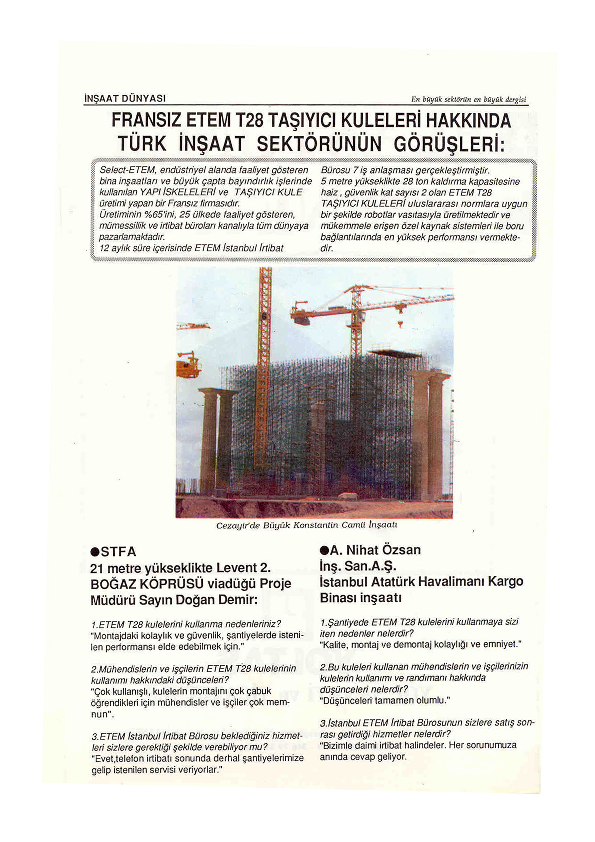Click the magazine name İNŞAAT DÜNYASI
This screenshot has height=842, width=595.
click(x=124, y=98)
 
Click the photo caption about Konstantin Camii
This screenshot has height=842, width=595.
click(x=307, y=525)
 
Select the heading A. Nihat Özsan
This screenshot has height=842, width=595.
click(x=376, y=550)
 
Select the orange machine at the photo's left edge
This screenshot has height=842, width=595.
click(x=188, y=365)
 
